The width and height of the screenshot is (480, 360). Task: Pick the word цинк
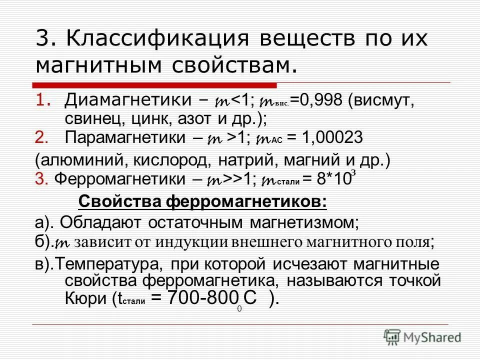click(x=150, y=119)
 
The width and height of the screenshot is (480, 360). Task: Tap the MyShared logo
click(x=422, y=337)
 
